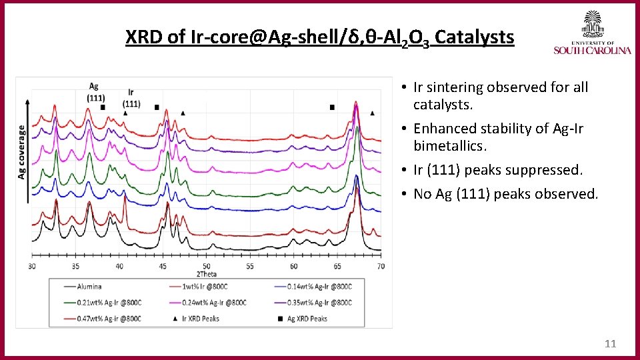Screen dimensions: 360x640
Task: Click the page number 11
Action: (x=609, y=344)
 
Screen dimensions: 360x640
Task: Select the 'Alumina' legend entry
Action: (x=88, y=287)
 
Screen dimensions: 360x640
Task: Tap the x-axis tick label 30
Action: (x=32, y=267)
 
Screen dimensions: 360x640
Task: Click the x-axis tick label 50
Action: (x=207, y=267)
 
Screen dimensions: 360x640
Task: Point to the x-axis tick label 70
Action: (x=380, y=267)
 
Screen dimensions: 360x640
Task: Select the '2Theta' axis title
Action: (x=206, y=274)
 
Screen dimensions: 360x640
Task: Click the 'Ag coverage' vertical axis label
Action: (x=23, y=151)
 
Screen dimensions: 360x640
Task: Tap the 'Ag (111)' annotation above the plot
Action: (x=95, y=91)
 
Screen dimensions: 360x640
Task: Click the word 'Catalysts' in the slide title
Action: (x=475, y=37)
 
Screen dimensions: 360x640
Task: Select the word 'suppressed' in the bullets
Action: (x=543, y=170)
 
